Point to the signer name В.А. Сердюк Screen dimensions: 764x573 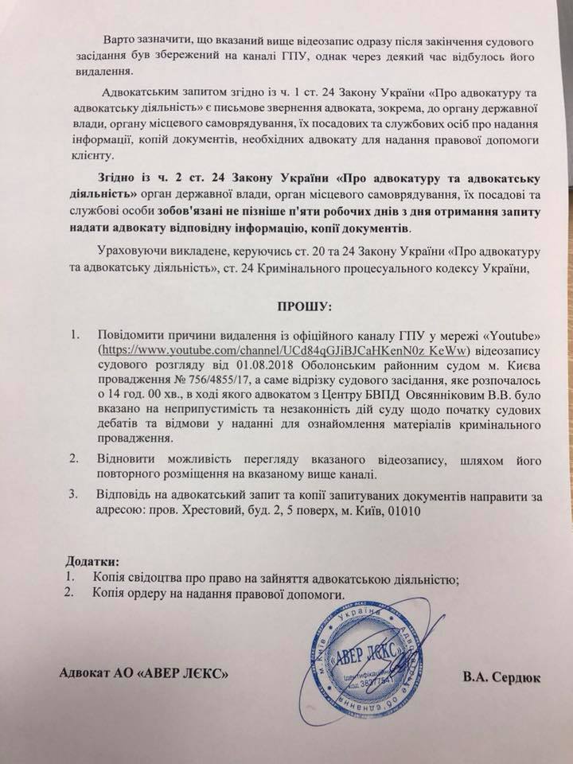coord(499,679)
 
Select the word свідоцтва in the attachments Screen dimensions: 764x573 coord(160,579)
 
